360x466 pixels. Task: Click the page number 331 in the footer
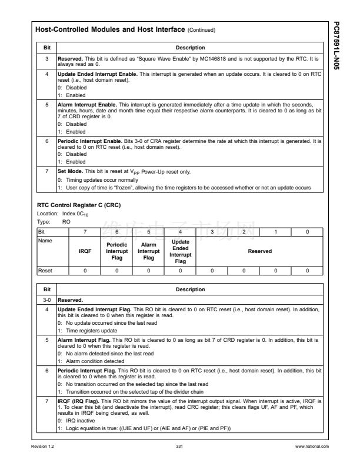pos(179,448)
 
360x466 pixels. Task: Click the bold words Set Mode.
pos(71,170)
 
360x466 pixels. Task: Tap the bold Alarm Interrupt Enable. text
pos(86,104)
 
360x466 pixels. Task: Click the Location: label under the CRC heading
pos(47,214)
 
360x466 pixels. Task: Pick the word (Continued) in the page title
pos(201,29)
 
